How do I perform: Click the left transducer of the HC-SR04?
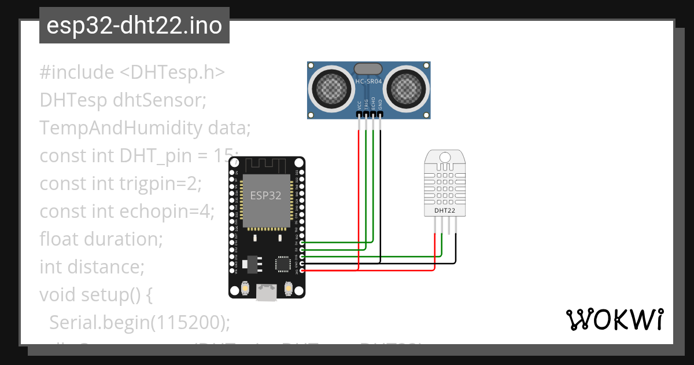tap(333, 89)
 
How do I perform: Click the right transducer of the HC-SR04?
tap(408, 89)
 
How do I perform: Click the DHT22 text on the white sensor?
tap(445, 210)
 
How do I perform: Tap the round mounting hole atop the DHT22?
tap(445, 158)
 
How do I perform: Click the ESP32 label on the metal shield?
tap(265, 195)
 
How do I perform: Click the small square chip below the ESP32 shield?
tap(283, 264)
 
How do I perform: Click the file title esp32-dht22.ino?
tap(134, 25)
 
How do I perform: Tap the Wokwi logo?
tap(614, 319)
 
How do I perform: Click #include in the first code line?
tap(77, 72)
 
